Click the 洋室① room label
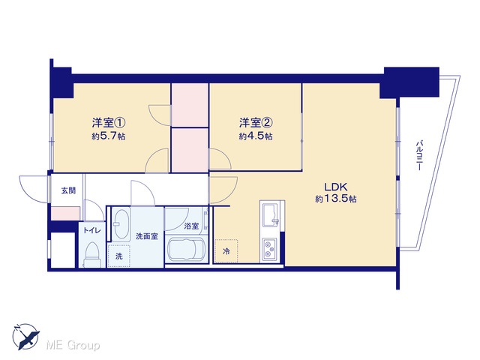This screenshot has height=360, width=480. point(109,123)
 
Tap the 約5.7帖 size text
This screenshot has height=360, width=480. point(109,136)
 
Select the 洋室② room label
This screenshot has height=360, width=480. point(256,123)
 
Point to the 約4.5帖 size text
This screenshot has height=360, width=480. point(256,136)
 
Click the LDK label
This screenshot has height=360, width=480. point(335,187)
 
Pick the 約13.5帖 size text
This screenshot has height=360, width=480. point(336,199)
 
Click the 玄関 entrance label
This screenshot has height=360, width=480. point(68,190)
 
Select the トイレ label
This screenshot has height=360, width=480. point(92,231)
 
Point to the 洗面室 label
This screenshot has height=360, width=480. point(147,236)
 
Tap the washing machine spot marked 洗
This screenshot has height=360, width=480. point(119,256)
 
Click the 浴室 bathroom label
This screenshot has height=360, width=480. point(191,226)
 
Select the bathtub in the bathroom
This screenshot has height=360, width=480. point(187,250)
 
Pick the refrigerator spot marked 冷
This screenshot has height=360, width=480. point(226,251)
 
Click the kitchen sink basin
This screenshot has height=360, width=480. point(270,215)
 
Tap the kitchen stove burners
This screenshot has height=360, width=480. point(269,248)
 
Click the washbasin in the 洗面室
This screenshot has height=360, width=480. point(121,225)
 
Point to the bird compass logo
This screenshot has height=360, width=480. point(26,337)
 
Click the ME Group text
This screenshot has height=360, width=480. point(73,345)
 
